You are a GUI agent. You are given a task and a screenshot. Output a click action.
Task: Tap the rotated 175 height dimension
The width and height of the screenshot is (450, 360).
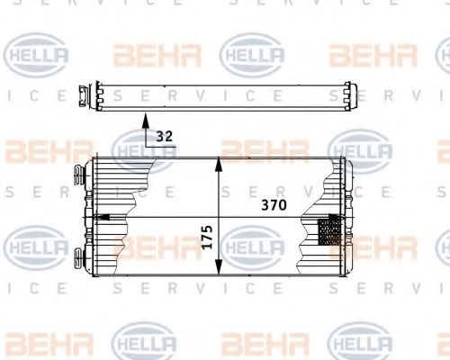pyautogui.click(x=207, y=236)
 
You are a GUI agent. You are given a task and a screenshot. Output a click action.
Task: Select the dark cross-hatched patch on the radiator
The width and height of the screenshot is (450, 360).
pyautogui.click(x=329, y=232)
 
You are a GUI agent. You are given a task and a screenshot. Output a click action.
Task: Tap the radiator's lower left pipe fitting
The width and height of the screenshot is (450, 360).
pyautogui.click(x=79, y=256)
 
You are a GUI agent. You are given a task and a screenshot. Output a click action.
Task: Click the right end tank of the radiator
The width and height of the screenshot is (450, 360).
pyautogui.click(x=343, y=216)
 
